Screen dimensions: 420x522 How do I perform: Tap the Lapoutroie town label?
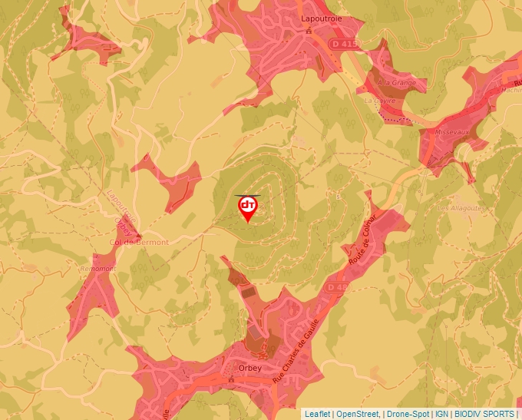309,18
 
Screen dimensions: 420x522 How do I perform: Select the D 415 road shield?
345,45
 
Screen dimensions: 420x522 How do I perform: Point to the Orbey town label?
249,368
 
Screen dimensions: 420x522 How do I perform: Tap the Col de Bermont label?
139,242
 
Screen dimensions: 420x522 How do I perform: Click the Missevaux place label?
452,132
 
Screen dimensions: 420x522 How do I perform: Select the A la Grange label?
395,82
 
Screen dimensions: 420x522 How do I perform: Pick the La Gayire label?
379,100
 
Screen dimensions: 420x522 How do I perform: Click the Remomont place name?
96,269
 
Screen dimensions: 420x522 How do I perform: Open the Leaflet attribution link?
318,414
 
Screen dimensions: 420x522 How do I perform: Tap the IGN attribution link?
442,414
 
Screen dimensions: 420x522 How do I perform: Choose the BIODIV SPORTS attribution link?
484,414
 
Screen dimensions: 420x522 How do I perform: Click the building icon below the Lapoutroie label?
309,31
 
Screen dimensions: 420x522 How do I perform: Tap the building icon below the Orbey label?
231,379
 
